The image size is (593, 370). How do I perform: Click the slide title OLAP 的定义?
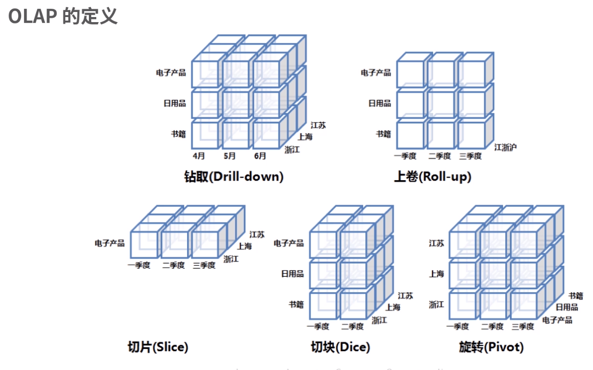[x=63, y=16]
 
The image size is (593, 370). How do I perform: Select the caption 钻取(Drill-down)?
[x=234, y=176]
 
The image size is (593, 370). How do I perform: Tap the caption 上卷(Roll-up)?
[x=433, y=176]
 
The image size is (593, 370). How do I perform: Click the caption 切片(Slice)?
[x=158, y=347]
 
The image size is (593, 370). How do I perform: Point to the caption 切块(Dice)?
[x=341, y=347]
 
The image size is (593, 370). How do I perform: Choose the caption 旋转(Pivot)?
[x=491, y=347]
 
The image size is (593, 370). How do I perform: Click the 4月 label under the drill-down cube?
[x=199, y=156]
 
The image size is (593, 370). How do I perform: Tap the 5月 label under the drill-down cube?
[x=229, y=156]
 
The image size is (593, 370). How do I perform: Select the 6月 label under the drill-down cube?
[x=260, y=156]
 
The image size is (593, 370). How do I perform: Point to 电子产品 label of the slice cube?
[x=110, y=243]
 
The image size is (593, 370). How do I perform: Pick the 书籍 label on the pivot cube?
[x=575, y=296]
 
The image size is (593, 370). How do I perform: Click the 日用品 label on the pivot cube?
[x=567, y=307]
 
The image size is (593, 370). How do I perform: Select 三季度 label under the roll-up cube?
[x=470, y=156]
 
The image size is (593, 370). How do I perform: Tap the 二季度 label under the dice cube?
[x=352, y=327]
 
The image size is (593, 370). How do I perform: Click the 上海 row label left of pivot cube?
[x=436, y=274]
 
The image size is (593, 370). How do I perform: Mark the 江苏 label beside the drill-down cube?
[x=318, y=125]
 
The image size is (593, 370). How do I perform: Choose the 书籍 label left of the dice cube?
[x=296, y=305]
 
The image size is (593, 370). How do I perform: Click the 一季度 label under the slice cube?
[x=139, y=265]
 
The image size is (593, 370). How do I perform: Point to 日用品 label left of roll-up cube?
[x=380, y=103]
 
